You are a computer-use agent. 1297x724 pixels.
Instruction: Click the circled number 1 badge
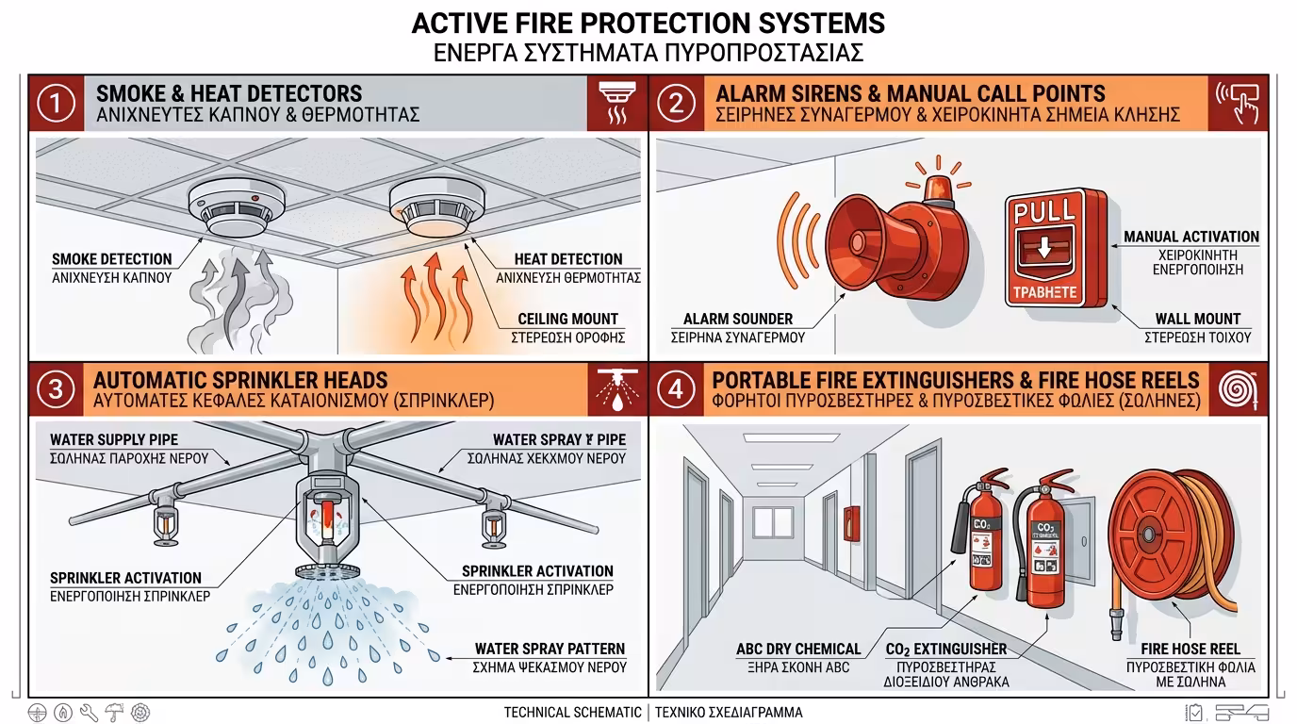tap(56, 104)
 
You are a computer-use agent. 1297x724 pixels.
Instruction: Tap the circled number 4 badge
tap(676, 389)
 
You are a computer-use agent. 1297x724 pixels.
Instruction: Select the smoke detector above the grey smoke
tap(230, 207)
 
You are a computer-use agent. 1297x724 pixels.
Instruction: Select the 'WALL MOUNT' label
tap(1197, 319)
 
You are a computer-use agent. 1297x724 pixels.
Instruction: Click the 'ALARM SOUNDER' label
tap(738, 319)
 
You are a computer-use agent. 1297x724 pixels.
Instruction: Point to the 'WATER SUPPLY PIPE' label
tap(114, 439)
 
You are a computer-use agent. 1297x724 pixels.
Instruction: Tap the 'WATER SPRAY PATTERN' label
tap(550, 649)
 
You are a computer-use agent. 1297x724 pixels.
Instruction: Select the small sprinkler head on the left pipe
tap(166, 525)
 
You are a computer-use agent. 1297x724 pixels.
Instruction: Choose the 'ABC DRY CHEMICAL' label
tap(798, 649)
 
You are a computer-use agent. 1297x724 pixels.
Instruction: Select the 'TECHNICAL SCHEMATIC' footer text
tap(572, 713)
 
